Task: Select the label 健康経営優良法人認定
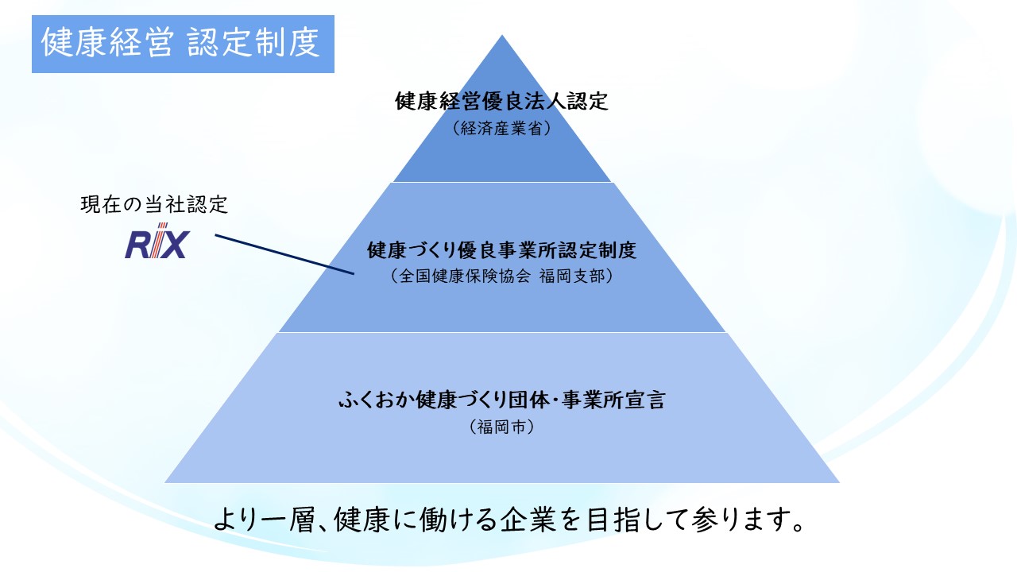pyautogui.click(x=501, y=102)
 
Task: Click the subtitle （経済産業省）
pyautogui.click(x=501, y=128)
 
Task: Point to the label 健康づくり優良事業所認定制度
pyautogui.click(x=501, y=251)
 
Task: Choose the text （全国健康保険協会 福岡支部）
pyautogui.click(x=501, y=276)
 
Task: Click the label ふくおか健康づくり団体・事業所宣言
pyautogui.click(x=501, y=400)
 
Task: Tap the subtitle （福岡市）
pyautogui.click(x=501, y=427)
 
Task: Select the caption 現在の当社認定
pyautogui.click(x=154, y=205)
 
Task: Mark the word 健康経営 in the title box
pyautogui.click(x=106, y=44)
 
